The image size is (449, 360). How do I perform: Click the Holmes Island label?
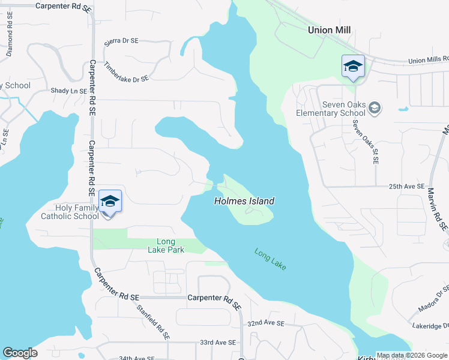tap(244, 202)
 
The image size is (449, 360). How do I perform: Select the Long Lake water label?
tap(271, 259)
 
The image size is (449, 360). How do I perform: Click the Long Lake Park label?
tap(166, 245)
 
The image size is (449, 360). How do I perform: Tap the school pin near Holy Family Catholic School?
tap(110, 201)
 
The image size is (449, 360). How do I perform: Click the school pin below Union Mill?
tap(353, 67)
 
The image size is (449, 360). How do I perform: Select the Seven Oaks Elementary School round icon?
tap(375, 108)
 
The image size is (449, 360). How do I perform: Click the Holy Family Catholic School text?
tap(70, 212)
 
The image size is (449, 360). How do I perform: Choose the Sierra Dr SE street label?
tap(121, 41)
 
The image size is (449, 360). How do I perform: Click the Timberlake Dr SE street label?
tap(126, 72)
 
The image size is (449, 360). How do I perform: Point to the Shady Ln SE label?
tap(69, 91)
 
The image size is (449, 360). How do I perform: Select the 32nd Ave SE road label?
tap(265, 323)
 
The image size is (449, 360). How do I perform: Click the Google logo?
tap(20, 353)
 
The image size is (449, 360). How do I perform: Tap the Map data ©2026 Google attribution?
tap(411, 355)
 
